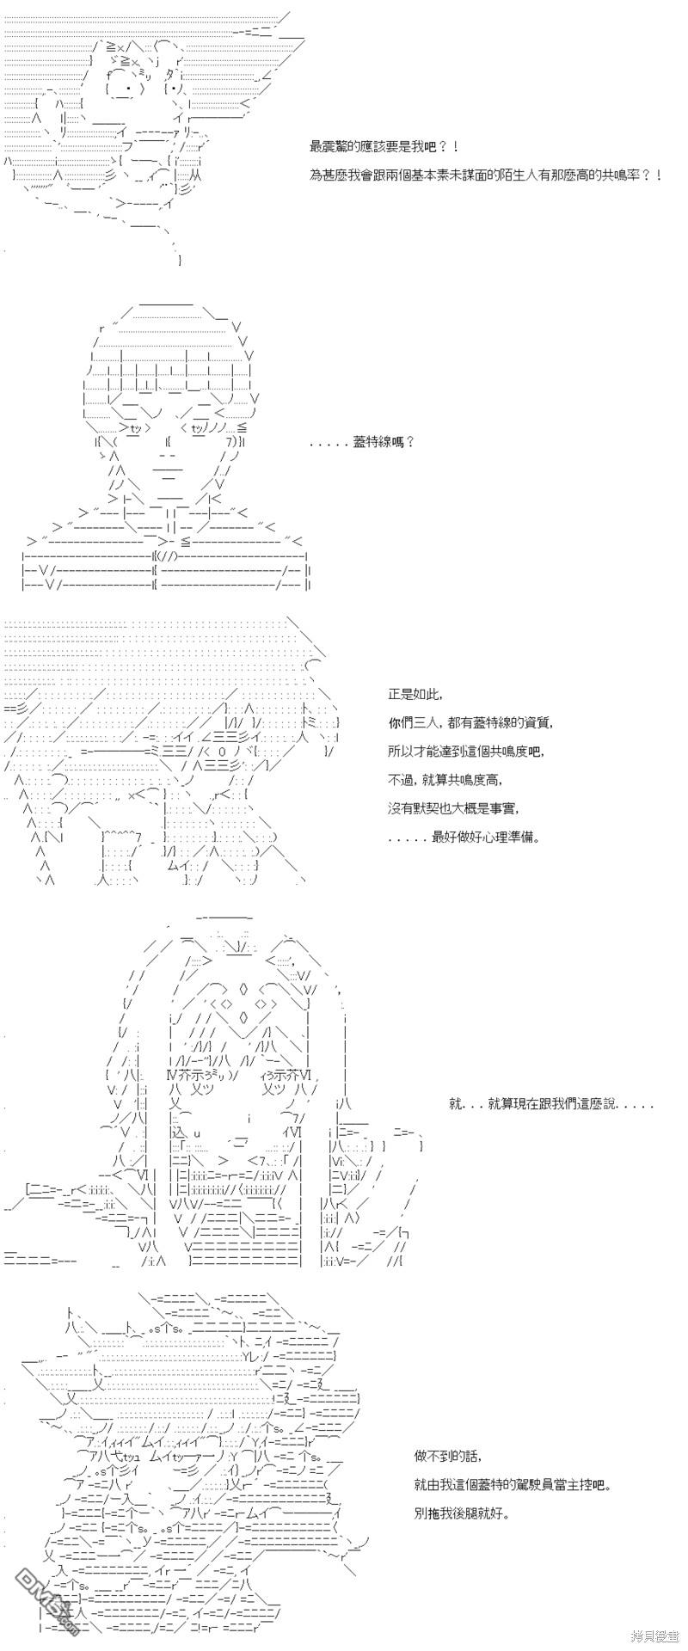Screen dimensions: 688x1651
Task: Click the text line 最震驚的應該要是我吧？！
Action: point(378,147)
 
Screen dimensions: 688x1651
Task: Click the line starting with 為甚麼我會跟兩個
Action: point(486,175)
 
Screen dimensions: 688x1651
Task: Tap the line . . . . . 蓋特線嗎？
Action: point(362,442)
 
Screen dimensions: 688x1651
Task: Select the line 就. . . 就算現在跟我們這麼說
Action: point(551,1104)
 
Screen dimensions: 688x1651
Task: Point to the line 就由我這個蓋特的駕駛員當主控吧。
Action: point(516,1484)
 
